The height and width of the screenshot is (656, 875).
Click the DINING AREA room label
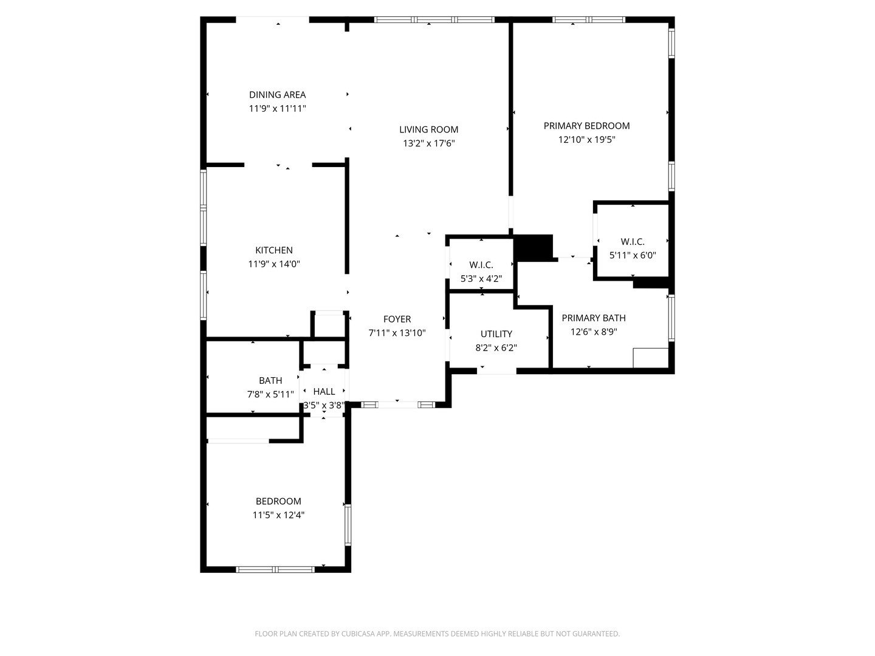[277, 95]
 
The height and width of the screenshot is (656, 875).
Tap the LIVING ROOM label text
[428, 129]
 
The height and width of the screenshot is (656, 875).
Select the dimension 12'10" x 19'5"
[586, 140]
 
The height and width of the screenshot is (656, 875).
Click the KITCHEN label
[273, 250]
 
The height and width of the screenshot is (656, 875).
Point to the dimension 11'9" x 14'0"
[273, 264]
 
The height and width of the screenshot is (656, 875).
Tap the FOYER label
[397, 319]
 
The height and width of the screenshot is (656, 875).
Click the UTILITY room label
[496, 334]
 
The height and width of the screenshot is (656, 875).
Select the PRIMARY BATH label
[593, 318]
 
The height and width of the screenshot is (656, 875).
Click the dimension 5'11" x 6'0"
[633, 256]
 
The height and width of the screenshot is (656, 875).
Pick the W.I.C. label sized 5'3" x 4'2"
[481, 265]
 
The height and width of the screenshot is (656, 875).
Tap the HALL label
[324, 392]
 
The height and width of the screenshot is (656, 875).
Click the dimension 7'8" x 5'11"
[270, 394]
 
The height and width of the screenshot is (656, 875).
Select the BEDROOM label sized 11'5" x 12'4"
[278, 501]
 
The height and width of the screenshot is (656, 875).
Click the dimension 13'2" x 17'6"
[428, 144]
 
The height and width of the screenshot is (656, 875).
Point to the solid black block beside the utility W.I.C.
[534, 248]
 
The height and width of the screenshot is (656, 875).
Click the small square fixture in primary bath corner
[650, 358]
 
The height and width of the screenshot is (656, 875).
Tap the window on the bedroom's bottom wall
[275, 569]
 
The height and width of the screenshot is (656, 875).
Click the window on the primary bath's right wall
[671, 318]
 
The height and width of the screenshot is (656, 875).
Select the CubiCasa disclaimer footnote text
[437, 634]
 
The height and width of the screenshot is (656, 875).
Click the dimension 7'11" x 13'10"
[397, 333]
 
